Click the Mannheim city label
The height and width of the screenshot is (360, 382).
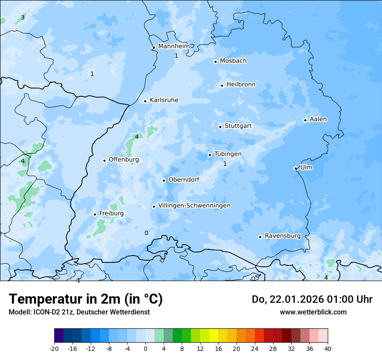[174, 46]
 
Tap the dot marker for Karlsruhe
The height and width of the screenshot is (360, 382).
[145, 101]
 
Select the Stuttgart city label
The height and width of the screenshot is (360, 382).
[238, 126]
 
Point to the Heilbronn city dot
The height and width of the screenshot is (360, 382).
[222, 85]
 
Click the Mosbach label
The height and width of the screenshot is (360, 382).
[233, 61]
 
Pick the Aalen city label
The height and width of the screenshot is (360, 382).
[318, 119]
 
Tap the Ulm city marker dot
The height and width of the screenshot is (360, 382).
[296, 168]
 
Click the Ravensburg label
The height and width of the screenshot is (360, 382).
[283, 236]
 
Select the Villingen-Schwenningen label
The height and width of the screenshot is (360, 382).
[194, 206]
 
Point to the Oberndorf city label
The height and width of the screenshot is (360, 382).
[184, 180]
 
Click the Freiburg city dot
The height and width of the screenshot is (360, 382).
[95, 214]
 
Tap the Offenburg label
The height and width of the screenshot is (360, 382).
[124, 160]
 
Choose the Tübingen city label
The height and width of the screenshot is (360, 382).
[228, 154]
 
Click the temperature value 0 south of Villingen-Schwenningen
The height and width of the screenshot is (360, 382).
[146, 233]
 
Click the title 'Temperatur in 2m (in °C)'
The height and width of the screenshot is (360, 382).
[86, 299]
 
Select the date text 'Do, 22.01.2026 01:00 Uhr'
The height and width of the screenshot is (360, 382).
[312, 299]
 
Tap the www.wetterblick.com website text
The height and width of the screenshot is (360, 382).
[313, 312]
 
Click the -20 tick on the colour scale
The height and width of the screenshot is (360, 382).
[54, 349]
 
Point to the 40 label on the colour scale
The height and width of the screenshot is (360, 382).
[328, 349]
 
